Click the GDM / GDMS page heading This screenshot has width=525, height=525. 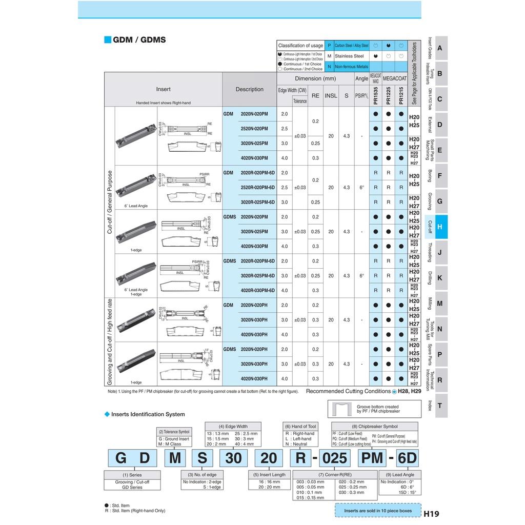coord(139,39)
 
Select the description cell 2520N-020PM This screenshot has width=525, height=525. coord(254,128)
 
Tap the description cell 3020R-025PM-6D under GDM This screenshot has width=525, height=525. coord(257,202)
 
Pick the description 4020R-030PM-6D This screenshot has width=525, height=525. coord(257,290)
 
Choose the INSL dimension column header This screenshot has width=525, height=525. coord(331,95)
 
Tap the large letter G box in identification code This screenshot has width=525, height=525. coord(121,458)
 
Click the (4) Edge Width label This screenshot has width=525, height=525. coord(233,426)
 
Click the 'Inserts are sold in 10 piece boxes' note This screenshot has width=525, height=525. coord(378,511)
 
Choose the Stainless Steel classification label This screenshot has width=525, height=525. coord(349,56)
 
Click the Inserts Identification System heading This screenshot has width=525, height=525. coord(148,414)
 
